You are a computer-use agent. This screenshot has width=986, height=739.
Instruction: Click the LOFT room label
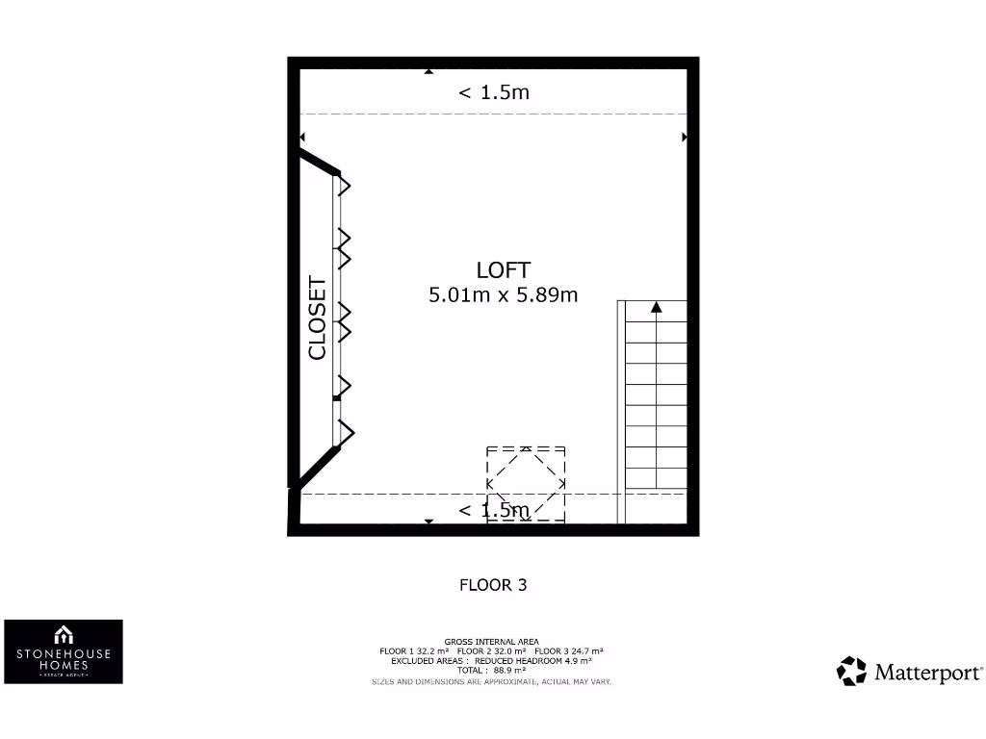[503, 270]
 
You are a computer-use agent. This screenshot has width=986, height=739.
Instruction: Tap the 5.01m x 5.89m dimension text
[503, 295]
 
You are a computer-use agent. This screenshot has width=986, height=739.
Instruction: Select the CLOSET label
[317, 319]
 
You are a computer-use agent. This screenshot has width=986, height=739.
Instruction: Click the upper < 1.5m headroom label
[493, 92]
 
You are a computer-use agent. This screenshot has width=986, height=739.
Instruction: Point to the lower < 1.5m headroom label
[493, 510]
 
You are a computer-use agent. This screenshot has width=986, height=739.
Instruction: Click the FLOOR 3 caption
[493, 584]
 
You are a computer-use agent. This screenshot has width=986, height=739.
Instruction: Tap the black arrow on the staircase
[657, 307]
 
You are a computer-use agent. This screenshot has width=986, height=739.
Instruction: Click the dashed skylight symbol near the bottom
[526, 484]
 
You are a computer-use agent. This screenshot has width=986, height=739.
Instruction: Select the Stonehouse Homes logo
[64, 651]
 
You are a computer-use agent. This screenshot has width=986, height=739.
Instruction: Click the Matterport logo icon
[851, 671]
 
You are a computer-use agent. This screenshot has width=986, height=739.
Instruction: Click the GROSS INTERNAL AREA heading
[491, 642]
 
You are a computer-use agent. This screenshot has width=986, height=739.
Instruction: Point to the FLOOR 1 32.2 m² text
[415, 651]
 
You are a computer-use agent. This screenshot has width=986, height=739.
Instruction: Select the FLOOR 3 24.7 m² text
[568, 651]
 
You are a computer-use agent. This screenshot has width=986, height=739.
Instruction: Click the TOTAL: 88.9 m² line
[491, 671]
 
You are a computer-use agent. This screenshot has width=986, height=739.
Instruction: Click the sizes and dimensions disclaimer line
[491, 681]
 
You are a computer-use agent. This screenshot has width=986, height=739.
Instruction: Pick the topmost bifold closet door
[342, 186]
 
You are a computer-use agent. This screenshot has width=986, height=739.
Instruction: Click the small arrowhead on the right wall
[685, 138]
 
